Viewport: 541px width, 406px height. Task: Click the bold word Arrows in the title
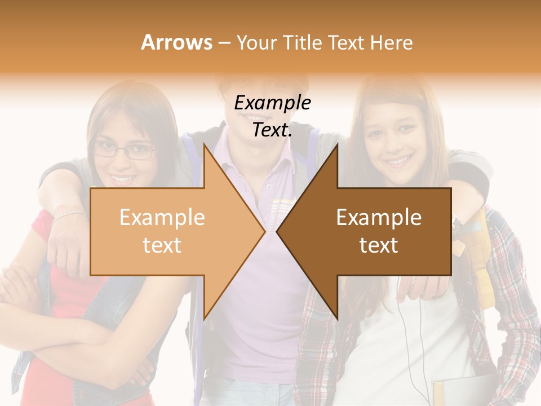point(176,42)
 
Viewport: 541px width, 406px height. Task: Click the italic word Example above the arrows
point(272,103)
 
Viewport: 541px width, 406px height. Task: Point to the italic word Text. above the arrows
point(272,130)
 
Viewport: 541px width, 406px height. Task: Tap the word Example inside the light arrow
point(162,218)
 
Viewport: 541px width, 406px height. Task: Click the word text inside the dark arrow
point(379,245)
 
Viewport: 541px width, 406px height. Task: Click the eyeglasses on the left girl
point(125,151)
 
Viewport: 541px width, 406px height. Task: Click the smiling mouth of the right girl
point(400,161)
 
